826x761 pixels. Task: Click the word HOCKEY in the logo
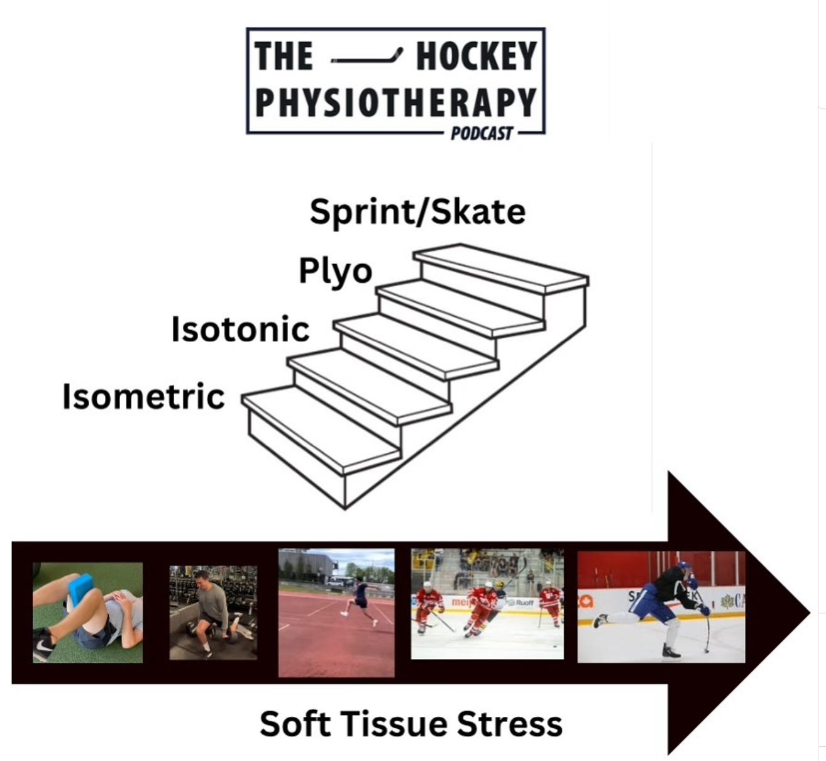pyautogui.click(x=476, y=57)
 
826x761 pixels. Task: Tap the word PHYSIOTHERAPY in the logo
pyautogui.click(x=395, y=103)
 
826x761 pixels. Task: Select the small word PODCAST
pyautogui.click(x=482, y=133)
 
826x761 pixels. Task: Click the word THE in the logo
pyautogui.click(x=284, y=57)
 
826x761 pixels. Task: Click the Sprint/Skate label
pyautogui.click(x=417, y=212)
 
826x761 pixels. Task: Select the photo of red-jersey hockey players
pyautogui.click(x=487, y=604)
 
